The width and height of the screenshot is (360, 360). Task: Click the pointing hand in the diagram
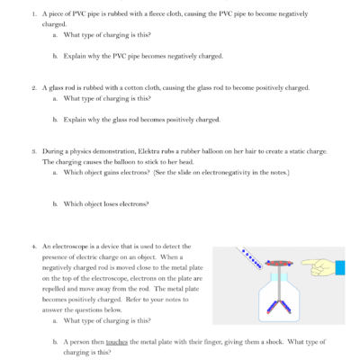pyautogui.click(x=317, y=266)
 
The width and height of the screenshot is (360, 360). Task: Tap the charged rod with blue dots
pyautogui.click(x=256, y=263)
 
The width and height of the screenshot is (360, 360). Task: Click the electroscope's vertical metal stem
pyautogui.click(x=281, y=286)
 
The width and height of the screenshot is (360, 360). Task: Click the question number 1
pyautogui.click(x=32, y=15)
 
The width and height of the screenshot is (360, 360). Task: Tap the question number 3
pyautogui.click(x=32, y=151)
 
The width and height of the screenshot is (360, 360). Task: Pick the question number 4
pyautogui.click(x=32, y=246)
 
